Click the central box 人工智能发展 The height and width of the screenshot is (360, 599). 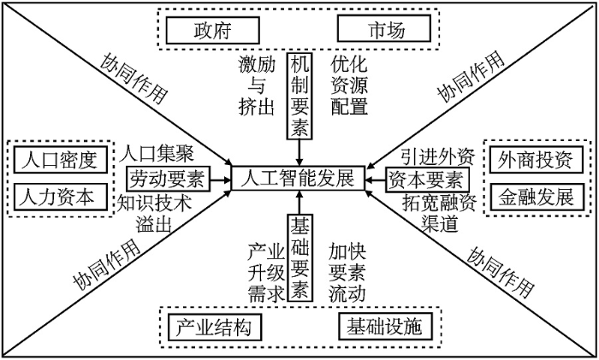coord(298,180)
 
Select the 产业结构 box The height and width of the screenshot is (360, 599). coord(214,328)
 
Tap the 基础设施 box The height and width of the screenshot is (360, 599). coord(384,328)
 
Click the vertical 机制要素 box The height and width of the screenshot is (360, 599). coord(298,94)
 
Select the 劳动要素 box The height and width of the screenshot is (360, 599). coord(165,180)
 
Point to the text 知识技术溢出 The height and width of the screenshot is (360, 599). coord(156,213)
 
